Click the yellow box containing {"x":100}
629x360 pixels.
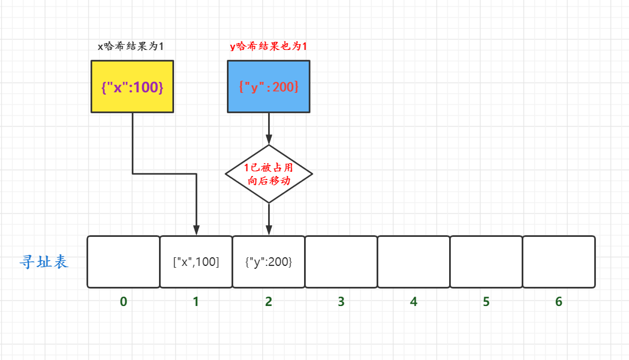point(132,87)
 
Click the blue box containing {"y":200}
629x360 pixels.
point(269,87)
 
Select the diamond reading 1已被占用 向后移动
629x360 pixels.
point(269,174)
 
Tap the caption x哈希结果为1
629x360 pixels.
point(131,46)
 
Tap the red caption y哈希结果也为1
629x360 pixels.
point(269,46)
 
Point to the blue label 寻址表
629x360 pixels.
point(44,262)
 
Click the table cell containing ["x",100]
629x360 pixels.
point(196,262)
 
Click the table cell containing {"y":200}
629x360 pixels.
point(269,262)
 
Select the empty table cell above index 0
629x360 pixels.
point(124,262)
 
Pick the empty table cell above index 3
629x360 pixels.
point(341,262)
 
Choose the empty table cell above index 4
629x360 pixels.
point(414,262)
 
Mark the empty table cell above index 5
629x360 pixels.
point(486,262)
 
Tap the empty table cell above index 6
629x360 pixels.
point(559,262)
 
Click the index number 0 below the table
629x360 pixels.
point(124,302)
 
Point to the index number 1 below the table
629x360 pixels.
point(196,302)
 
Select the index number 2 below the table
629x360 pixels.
point(269,302)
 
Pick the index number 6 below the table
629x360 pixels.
point(559,302)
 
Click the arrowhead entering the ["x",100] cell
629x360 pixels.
point(196,231)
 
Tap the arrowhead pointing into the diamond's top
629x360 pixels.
point(269,140)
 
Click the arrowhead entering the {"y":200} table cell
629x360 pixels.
point(269,231)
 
